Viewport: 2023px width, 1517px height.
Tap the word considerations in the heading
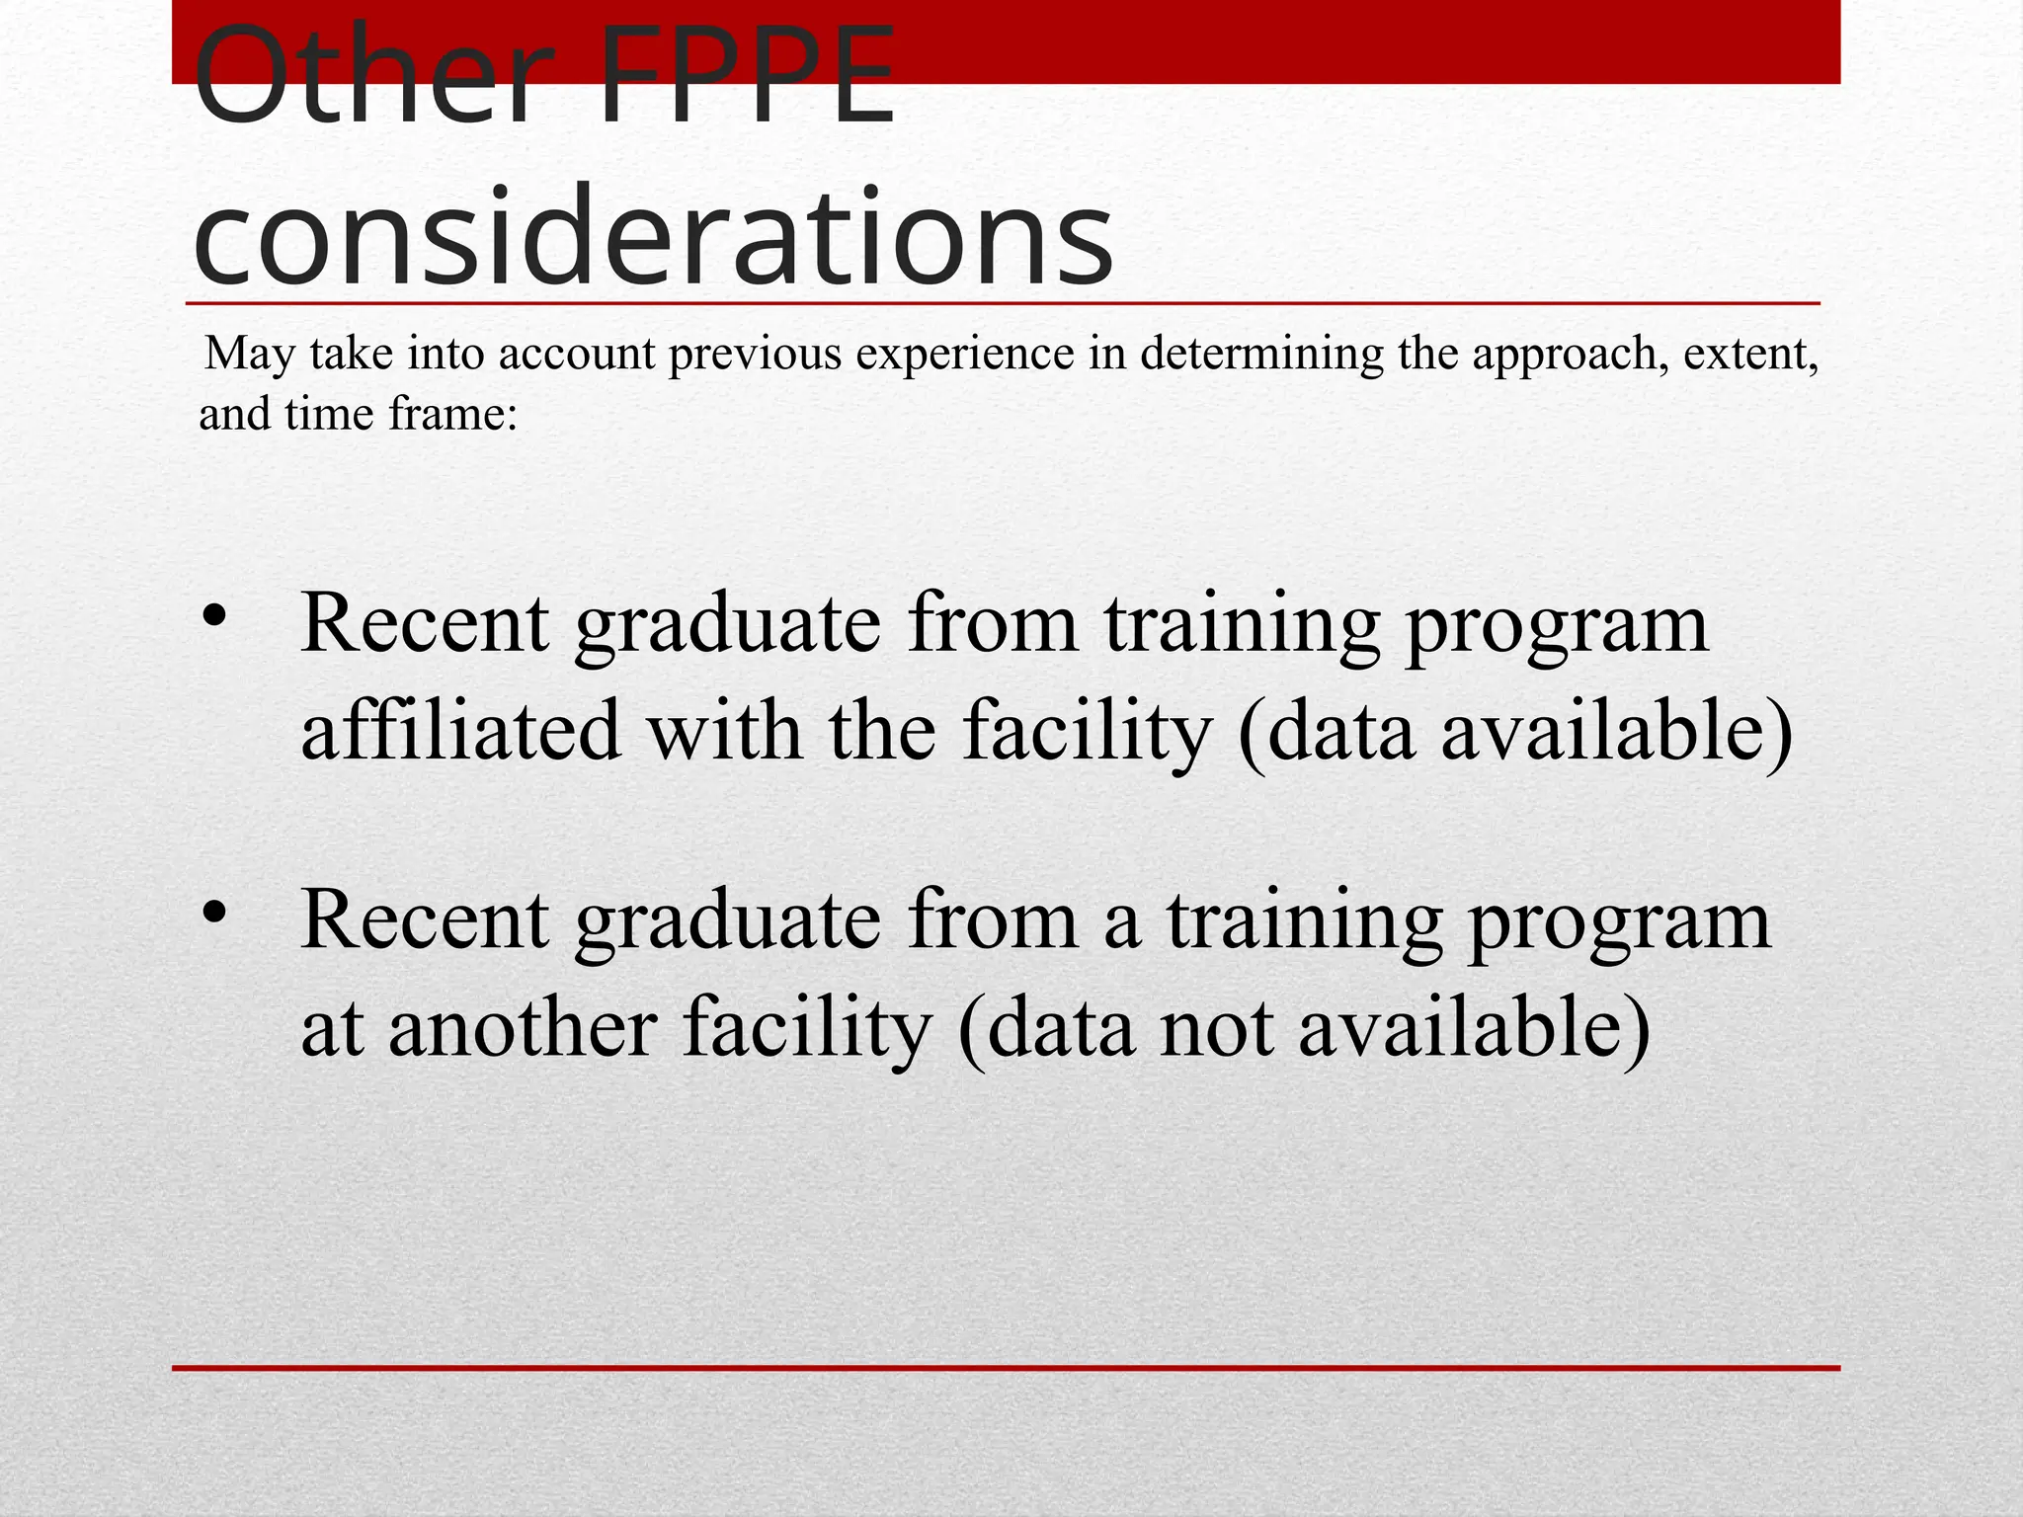(x=653, y=238)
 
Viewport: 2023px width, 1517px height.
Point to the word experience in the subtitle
(x=964, y=354)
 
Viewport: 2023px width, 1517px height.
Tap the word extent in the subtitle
(x=1749, y=354)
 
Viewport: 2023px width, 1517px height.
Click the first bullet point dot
(x=214, y=618)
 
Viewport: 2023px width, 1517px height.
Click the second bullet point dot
(x=214, y=915)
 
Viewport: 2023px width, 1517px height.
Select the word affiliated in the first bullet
(x=460, y=730)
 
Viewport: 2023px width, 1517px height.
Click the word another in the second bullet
(x=523, y=1027)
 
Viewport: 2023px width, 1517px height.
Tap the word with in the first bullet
(x=724, y=730)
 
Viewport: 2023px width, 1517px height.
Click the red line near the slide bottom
(x=1006, y=1368)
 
